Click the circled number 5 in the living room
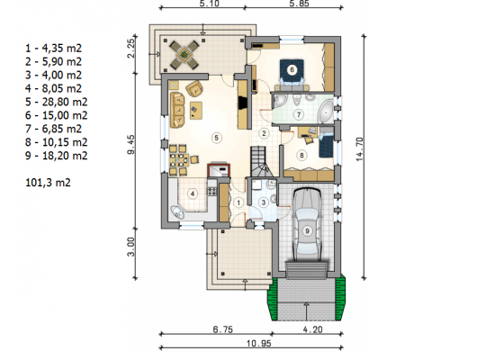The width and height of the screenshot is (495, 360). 216,138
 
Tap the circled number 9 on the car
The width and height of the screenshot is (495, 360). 307,230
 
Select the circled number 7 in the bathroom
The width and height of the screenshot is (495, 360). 299,114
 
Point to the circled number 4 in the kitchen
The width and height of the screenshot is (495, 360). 193,193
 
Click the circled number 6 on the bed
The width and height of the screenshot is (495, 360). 292,70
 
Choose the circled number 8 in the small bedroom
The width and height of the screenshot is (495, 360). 301,155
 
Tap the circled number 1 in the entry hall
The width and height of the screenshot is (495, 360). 238,202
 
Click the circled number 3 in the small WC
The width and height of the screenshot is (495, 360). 264,202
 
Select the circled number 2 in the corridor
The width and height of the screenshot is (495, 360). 264,133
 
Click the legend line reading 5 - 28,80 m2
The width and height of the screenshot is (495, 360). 56,102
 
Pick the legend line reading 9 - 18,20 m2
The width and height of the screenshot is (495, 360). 56,156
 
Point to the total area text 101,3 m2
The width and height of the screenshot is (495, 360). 48,183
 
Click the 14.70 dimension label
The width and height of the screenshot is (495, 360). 360,149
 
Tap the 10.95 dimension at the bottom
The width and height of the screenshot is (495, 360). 258,344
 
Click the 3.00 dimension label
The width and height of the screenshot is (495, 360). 131,247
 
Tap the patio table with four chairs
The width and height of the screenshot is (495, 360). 184,55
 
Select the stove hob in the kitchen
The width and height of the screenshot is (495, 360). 211,191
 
